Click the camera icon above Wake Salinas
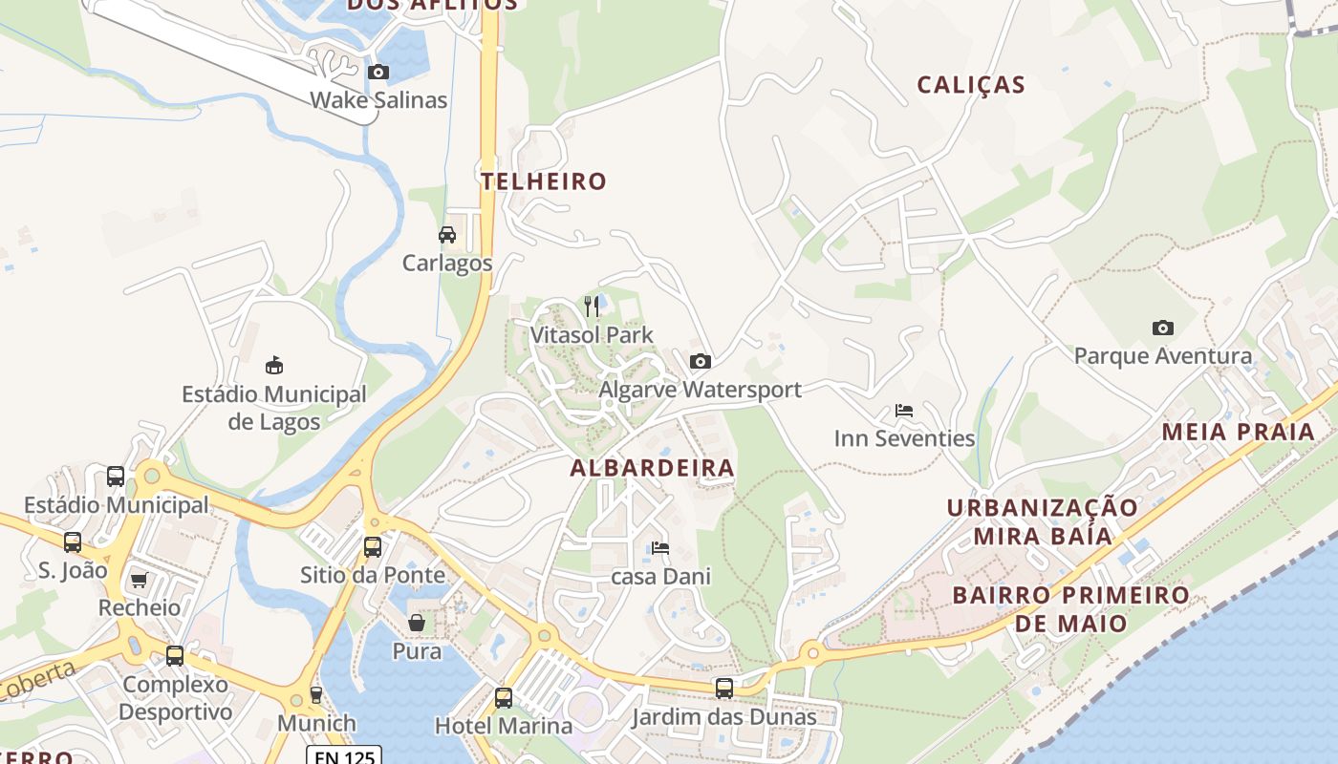(x=378, y=73)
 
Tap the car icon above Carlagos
(x=446, y=235)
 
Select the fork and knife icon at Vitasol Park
(x=592, y=307)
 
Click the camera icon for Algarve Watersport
(x=700, y=361)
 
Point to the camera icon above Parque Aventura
(x=1162, y=328)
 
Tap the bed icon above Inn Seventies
(x=904, y=411)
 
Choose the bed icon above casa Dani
(x=660, y=548)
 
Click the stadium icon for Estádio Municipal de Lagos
(x=274, y=365)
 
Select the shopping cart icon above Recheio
(x=139, y=580)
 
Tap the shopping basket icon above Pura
(x=417, y=623)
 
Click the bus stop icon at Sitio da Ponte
(x=373, y=546)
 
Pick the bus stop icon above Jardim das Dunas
(x=724, y=688)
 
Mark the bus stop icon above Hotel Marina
(x=504, y=697)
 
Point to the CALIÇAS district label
(x=971, y=85)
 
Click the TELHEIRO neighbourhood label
(x=544, y=181)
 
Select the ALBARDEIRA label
(x=653, y=468)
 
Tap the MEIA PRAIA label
(x=1239, y=432)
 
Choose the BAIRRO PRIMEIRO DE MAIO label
(x=1070, y=609)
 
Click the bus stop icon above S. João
(x=73, y=542)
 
